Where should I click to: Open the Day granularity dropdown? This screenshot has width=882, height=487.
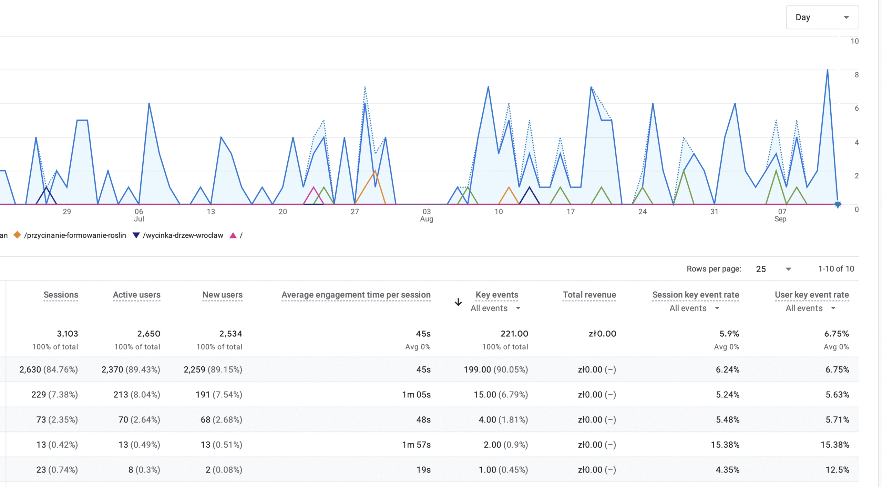(822, 17)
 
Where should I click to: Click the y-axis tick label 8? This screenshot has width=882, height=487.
(857, 75)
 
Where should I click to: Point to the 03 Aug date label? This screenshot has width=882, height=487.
(427, 215)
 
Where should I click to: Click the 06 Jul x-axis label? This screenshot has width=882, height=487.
(139, 215)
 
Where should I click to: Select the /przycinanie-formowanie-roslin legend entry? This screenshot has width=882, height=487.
(75, 235)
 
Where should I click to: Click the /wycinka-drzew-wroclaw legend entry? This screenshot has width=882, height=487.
(183, 235)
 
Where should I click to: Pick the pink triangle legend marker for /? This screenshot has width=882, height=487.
(233, 235)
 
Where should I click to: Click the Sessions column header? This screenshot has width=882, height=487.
(61, 295)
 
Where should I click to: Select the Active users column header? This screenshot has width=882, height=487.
(136, 295)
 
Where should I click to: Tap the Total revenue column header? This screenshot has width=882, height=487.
(589, 295)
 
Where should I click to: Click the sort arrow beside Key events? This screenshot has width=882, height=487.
(458, 302)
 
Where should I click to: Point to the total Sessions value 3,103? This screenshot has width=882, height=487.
(67, 334)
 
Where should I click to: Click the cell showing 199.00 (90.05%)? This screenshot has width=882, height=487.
(495, 369)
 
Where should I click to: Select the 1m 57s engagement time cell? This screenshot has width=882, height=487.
(416, 445)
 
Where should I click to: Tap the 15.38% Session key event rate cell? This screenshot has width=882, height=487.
(725, 445)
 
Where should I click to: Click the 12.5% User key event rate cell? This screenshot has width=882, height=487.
(837, 470)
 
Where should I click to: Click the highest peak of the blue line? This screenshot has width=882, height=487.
(827, 70)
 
